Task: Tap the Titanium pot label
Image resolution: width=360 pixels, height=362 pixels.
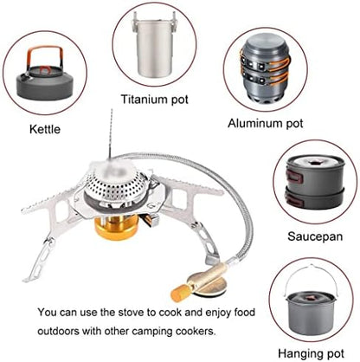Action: (x=155, y=99)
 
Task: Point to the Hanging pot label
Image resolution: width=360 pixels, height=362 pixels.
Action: (x=308, y=352)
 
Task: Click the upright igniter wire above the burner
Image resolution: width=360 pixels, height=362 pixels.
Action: (x=110, y=139)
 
